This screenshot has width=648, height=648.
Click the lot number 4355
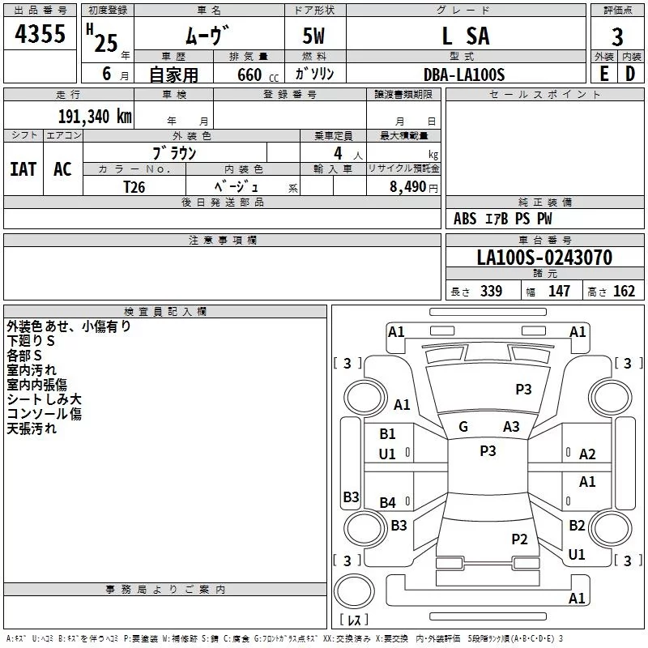point(40,33)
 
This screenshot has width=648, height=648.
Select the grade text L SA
point(466,36)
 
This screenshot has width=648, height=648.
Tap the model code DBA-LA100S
point(464,75)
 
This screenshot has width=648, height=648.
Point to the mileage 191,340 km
point(95,117)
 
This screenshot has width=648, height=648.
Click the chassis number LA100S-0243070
point(544,258)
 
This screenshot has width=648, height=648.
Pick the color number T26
point(134,187)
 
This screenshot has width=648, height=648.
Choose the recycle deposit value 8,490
point(407,187)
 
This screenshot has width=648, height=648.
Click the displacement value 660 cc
point(258,75)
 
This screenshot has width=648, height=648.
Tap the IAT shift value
point(23,169)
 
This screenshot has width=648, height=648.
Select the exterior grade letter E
point(604,75)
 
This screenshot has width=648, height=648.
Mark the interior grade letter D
point(630,75)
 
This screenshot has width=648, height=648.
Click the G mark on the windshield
point(463,427)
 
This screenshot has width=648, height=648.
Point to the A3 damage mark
point(511,427)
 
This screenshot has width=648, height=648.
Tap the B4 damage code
point(387,502)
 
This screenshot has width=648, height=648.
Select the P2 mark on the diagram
point(519,539)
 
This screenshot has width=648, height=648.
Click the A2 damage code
point(587,454)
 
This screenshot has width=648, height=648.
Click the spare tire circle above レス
point(354,591)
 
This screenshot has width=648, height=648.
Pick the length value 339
point(491,291)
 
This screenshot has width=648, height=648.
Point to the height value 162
point(624,291)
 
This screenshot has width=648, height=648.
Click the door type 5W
point(313,36)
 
